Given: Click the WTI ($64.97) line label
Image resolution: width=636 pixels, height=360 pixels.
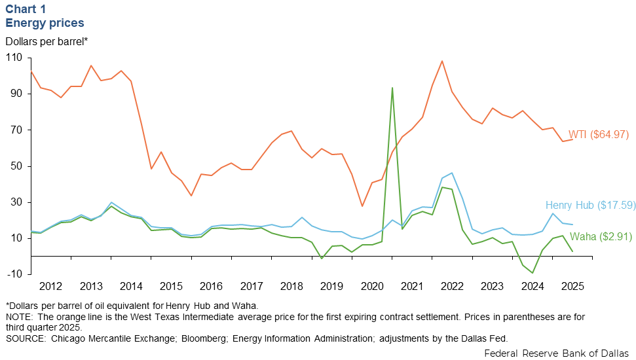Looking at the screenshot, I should (x=598, y=134).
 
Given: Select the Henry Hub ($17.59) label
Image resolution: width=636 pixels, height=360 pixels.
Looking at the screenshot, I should (x=590, y=205).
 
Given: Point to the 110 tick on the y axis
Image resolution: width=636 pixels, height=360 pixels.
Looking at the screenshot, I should (x=13, y=58).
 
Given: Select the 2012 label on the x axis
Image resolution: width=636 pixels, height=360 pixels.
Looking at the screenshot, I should (x=50, y=286).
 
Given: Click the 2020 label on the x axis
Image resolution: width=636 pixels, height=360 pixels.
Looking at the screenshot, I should (x=372, y=286).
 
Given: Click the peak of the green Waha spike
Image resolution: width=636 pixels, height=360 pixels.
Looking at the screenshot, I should (x=392, y=88).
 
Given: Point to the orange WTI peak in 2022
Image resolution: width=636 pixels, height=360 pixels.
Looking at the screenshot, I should (x=442, y=61).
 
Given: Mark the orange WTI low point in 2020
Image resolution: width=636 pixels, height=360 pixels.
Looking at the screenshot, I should (x=362, y=206).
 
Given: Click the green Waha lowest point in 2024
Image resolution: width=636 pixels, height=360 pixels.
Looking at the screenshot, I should (x=533, y=273).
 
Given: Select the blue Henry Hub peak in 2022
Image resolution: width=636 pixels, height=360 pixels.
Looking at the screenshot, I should (x=452, y=173).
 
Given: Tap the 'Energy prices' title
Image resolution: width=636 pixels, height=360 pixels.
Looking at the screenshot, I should (x=45, y=23).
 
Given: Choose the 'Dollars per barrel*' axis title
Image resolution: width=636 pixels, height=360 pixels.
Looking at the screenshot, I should (x=47, y=41).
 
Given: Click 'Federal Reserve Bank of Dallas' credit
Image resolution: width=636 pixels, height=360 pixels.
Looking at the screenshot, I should (x=557, y=353).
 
